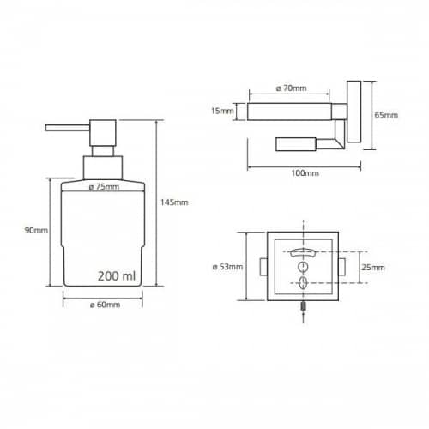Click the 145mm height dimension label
[174, 202]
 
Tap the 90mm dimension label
[36, 230]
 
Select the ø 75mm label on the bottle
[104, 187]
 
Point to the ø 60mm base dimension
[105, 305]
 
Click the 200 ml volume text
[117, 276]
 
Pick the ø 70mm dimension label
[291, 88]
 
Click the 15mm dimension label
[222, 111]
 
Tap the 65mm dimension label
[386, 115]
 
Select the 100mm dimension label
[305, 173]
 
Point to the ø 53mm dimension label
[227, 267]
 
